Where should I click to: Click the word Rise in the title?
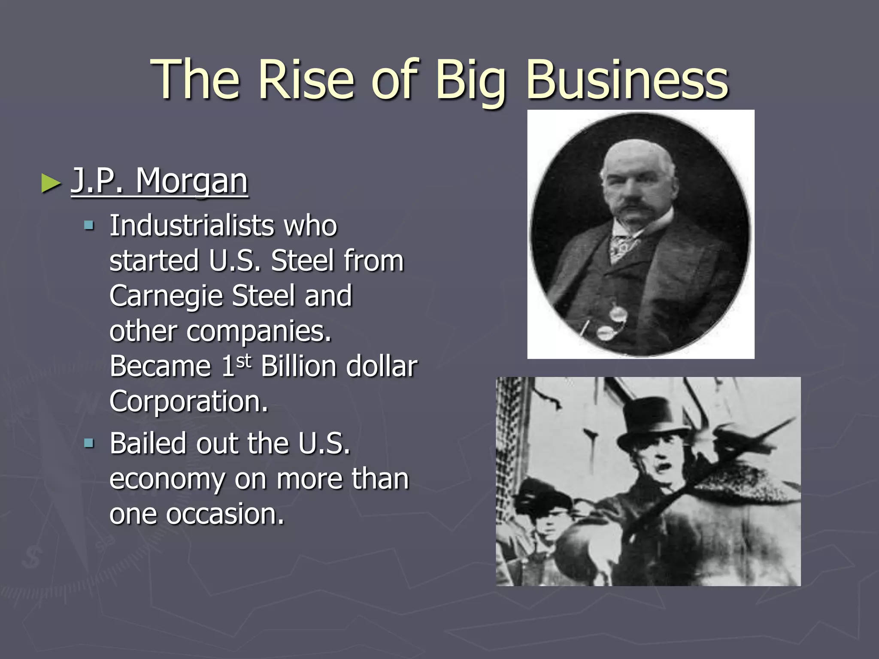pos(306,80)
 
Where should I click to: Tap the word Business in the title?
pos(627,80)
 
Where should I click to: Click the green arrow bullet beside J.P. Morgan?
pos(51,183)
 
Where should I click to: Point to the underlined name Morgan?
pos(192,181)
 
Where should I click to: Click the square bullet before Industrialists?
pos(89,225)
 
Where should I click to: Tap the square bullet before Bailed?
pos(89,442)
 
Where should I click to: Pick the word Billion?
pos(299,366)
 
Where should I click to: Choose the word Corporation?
pos(188,402)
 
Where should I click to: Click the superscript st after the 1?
pos(243,361)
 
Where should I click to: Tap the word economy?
pos(167,479)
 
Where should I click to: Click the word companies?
pos(259,332)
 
